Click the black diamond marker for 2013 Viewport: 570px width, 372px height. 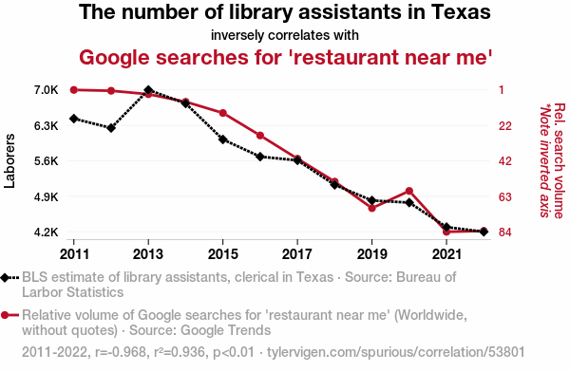point(148,90)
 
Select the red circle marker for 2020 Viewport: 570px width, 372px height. point(409,191)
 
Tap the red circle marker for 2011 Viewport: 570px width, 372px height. point(74,90)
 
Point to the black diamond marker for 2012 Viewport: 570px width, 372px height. point(111,128)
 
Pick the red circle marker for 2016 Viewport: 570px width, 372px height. point(260,136)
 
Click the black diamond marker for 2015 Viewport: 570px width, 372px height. point(223,139)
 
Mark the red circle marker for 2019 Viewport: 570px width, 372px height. point(371,208)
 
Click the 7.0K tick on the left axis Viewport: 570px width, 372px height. point(47,90)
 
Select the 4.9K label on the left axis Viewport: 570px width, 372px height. point(47,196)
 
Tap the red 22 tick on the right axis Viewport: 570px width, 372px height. point(505,125)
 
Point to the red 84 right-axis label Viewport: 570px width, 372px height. point(505,232)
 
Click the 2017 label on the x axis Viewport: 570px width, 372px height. point(297,254)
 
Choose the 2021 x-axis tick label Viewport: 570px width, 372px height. point(446,254)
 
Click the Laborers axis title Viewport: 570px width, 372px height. point(9,161)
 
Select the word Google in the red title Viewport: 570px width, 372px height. point(115,57)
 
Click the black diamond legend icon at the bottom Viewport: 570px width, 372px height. point(5,277)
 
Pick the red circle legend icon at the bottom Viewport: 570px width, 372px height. point(5,315)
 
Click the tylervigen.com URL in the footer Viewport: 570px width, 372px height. point(396,352)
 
